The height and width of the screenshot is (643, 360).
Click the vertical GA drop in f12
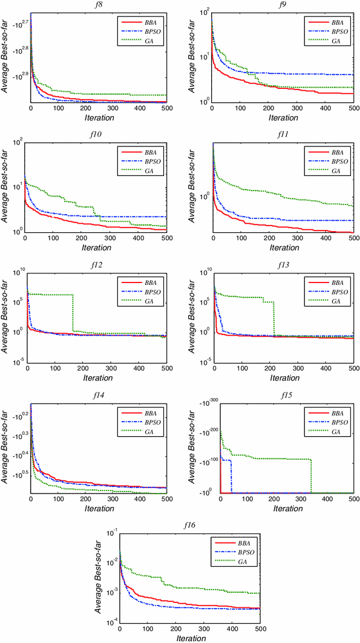click(73, 313)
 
